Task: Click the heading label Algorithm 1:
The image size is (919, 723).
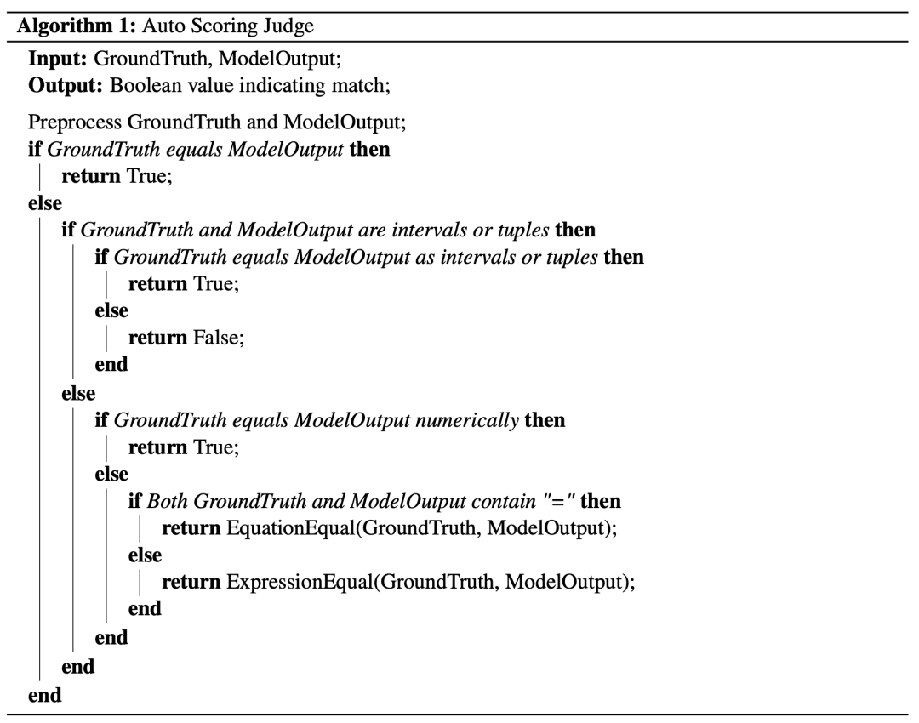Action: (x=71, y=26)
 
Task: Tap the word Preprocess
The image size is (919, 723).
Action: (x=73, y=123)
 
